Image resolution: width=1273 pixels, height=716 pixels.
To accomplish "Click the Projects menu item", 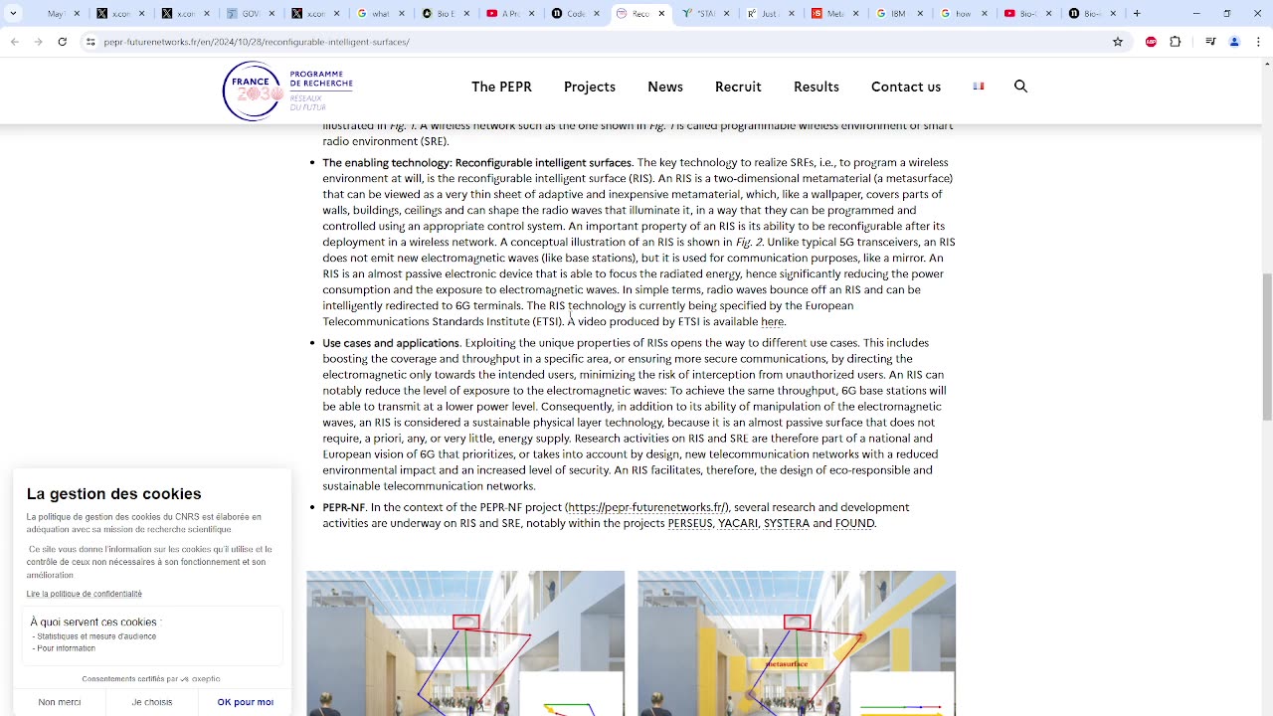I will point(589,87).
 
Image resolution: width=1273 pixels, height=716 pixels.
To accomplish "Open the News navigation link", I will point(664,87).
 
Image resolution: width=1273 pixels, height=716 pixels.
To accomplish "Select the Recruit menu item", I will point(738,87).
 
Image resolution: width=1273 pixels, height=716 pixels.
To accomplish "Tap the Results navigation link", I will point(816,87).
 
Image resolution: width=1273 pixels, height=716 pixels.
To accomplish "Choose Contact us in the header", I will point(905,87).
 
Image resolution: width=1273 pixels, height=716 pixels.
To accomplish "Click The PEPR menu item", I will point(501,87).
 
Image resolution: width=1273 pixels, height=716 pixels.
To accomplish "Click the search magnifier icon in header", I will point(1020,87).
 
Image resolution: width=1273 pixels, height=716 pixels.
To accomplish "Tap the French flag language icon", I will point(979,87).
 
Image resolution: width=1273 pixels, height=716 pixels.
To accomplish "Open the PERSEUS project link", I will point(690,523).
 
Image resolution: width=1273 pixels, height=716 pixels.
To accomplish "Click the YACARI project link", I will point(738,523).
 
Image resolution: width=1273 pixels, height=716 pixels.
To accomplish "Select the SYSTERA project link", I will point(786,523).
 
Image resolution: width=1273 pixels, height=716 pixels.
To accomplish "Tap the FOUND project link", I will point(854,523).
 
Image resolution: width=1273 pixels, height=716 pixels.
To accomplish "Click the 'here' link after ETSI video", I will point(772,322).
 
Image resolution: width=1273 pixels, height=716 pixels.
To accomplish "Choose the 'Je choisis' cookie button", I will point(152,702).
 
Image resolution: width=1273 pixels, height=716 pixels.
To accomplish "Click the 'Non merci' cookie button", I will point(60,702).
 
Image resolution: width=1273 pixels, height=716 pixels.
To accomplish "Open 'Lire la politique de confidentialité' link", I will point(85,594).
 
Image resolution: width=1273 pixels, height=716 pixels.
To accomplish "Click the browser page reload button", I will point(62,42).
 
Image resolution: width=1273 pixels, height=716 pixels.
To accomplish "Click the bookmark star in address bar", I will point(1118,42).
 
